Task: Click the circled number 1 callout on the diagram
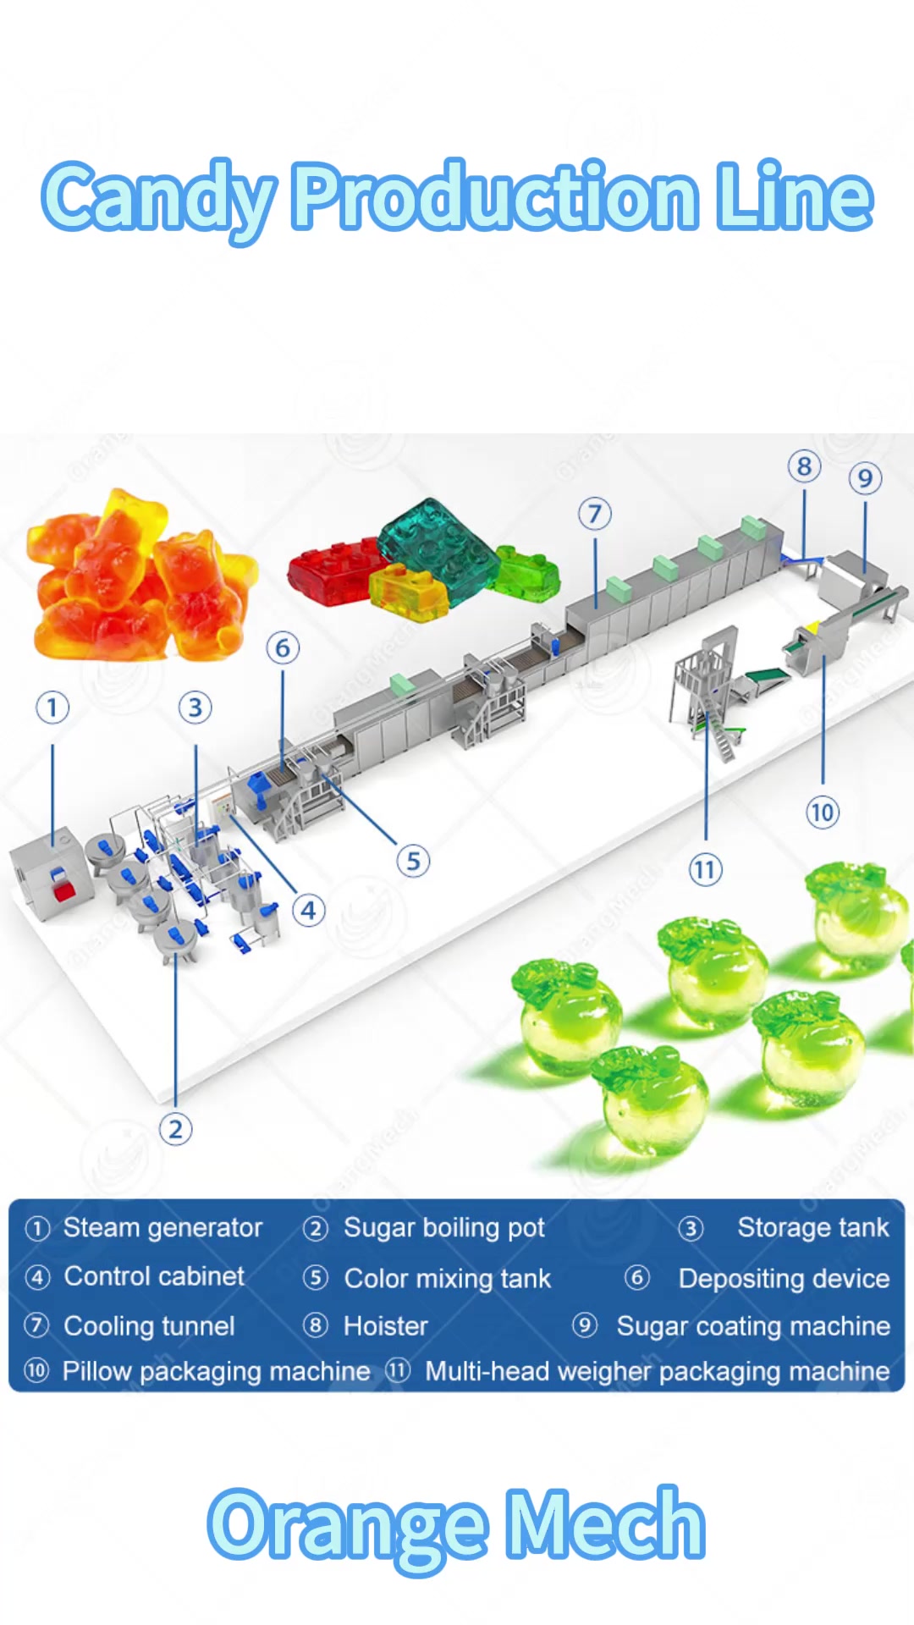pyautogui.click(x=52, y=707)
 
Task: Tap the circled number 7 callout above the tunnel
pyautogui.click(x=595, y=513)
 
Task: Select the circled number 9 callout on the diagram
pyautogui.click(x=865, y=478)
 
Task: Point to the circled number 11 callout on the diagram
pyautogui.click(x=705, y=869)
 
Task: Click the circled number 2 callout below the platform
pyautogui.click(x=175, y=1129)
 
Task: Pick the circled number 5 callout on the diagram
pyautogui.click(x=413, y=861)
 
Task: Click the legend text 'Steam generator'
pyautogui.click(x=162, y=1227)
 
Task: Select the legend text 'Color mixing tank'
pyautogui.click(x=447, y=1278)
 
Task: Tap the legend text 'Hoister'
pyautogui.click(x=385, y=1325)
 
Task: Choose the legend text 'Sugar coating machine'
pyautogui.click(x=753, y=1325)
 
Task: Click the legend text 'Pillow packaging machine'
pyautogui.click(x=216, y=1371)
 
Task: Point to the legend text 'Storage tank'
pyautogui.click(x=813, y=1227)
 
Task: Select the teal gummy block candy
pyautogui.click(x=438, y=550)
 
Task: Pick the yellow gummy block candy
pyautogui.click(x=408, y=591)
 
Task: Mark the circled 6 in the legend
pyautogui.click(x=636, y=1277)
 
